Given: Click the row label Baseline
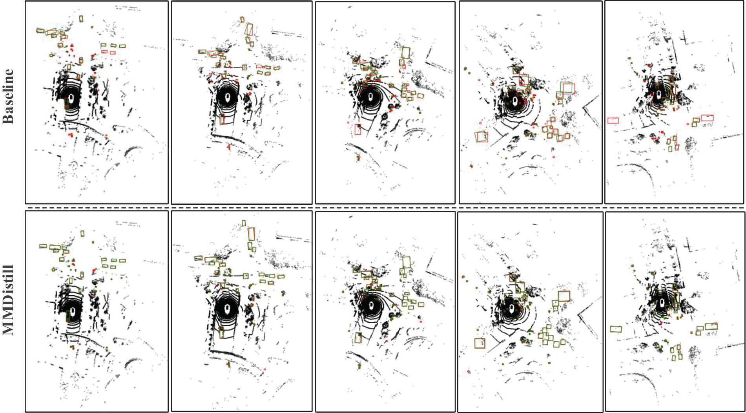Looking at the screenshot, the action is pyautogui.click(x=8, y=97).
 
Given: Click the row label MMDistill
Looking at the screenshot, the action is pyautogui.click(x=8, y=301).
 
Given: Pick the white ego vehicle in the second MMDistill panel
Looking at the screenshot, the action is pyautogui.click(x=228, y=310).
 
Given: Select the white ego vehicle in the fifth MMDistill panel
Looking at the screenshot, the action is pyautogui.click(x=662, y=303).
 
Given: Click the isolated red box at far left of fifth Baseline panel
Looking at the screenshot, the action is pyautogui.click(x=613, y=121).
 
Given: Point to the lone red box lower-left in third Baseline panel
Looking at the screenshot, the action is pyautogui.click(x=357, y=129).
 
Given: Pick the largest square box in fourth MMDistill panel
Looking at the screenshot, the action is pyautogui.click(x=564, y=296).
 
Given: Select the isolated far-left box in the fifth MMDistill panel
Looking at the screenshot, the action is pyautogui.click(x=616, y=329).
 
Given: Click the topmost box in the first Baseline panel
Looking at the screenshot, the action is pyautogui.click(x=81, y=18).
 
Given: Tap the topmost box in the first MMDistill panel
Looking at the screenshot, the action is pyautogui.click(x=82, y=234).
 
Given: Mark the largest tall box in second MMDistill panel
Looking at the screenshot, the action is pyautogui.click(x=252, y=234).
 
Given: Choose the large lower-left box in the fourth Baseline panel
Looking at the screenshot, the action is pyautogui.click(x=481, y=136).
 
